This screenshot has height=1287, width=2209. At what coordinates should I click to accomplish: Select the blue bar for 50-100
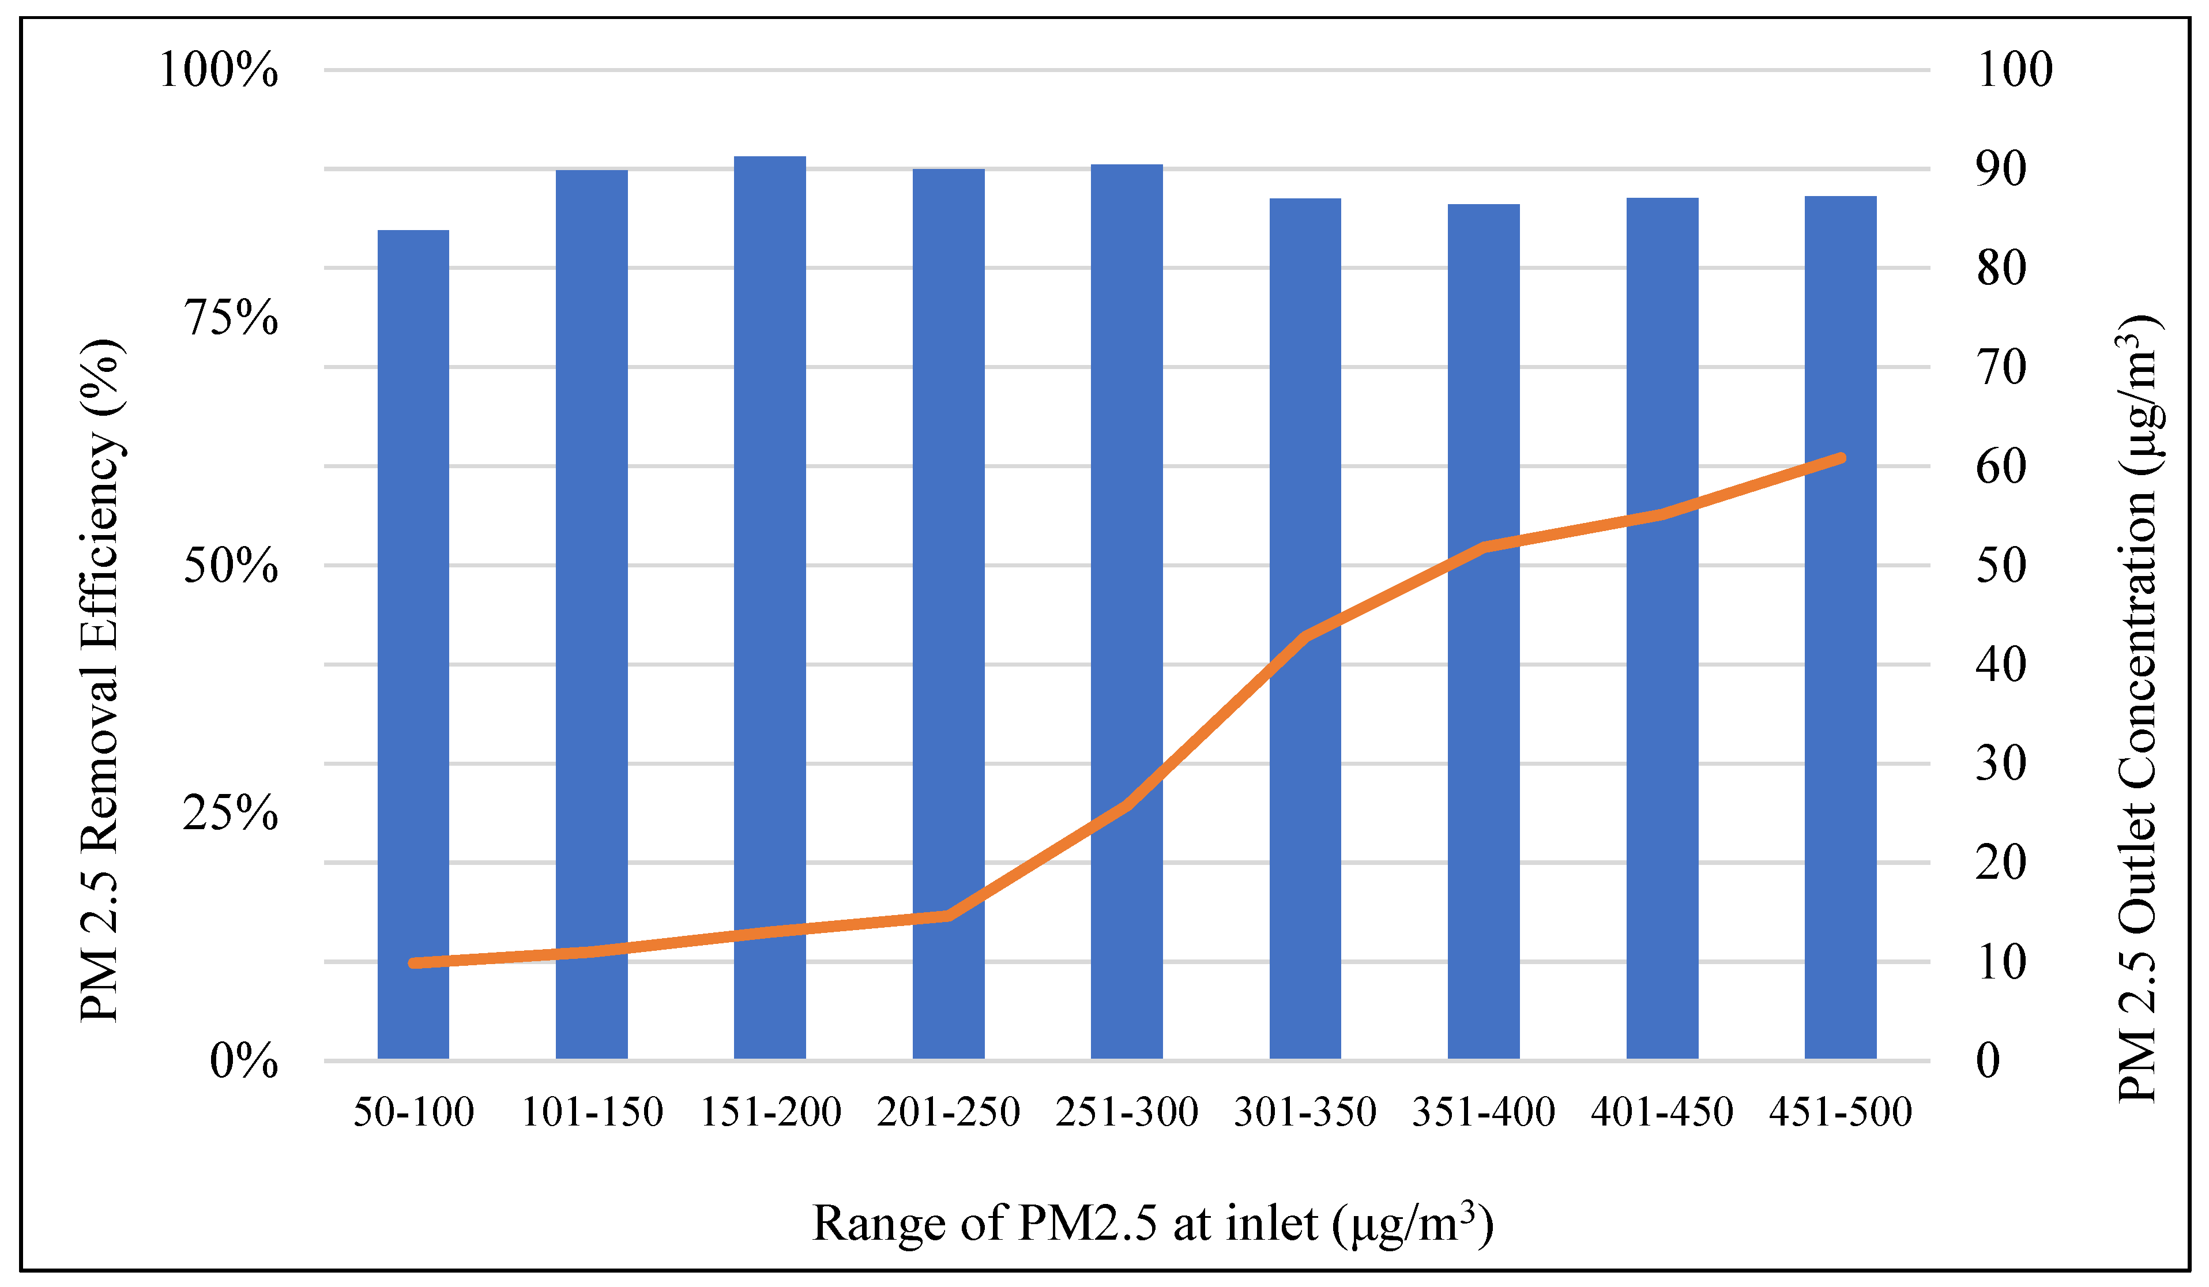pyautogui.click(x=413, y=645)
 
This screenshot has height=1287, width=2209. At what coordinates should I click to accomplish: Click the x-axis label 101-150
pyautogui.click(x=592, y=1112)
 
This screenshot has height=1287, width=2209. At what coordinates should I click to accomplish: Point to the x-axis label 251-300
pyautogui.click(x=1127, y=1112)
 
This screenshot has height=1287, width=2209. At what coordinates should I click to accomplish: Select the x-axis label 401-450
pyautogui.click(x=1662, y=1112)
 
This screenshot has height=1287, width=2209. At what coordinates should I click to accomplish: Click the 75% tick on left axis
pyautogui.click(x=231, y=317)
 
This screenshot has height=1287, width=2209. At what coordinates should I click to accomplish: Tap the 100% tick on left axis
pyautogui.click(x=219, y=69)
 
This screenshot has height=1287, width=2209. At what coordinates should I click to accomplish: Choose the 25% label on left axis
pyautogui.click(x=231, y=812)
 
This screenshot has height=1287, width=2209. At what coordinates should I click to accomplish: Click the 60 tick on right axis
pyautogui.click(x=2000, y=465)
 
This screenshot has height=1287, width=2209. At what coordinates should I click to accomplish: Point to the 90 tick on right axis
pyautogui.click(x=2000, y=168)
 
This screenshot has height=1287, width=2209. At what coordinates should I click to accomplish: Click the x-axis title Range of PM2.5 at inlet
pyautogui.click(x=1153, y=1223)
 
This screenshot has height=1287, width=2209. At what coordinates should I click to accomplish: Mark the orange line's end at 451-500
pyautogui.click(x=1841, y=458)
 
